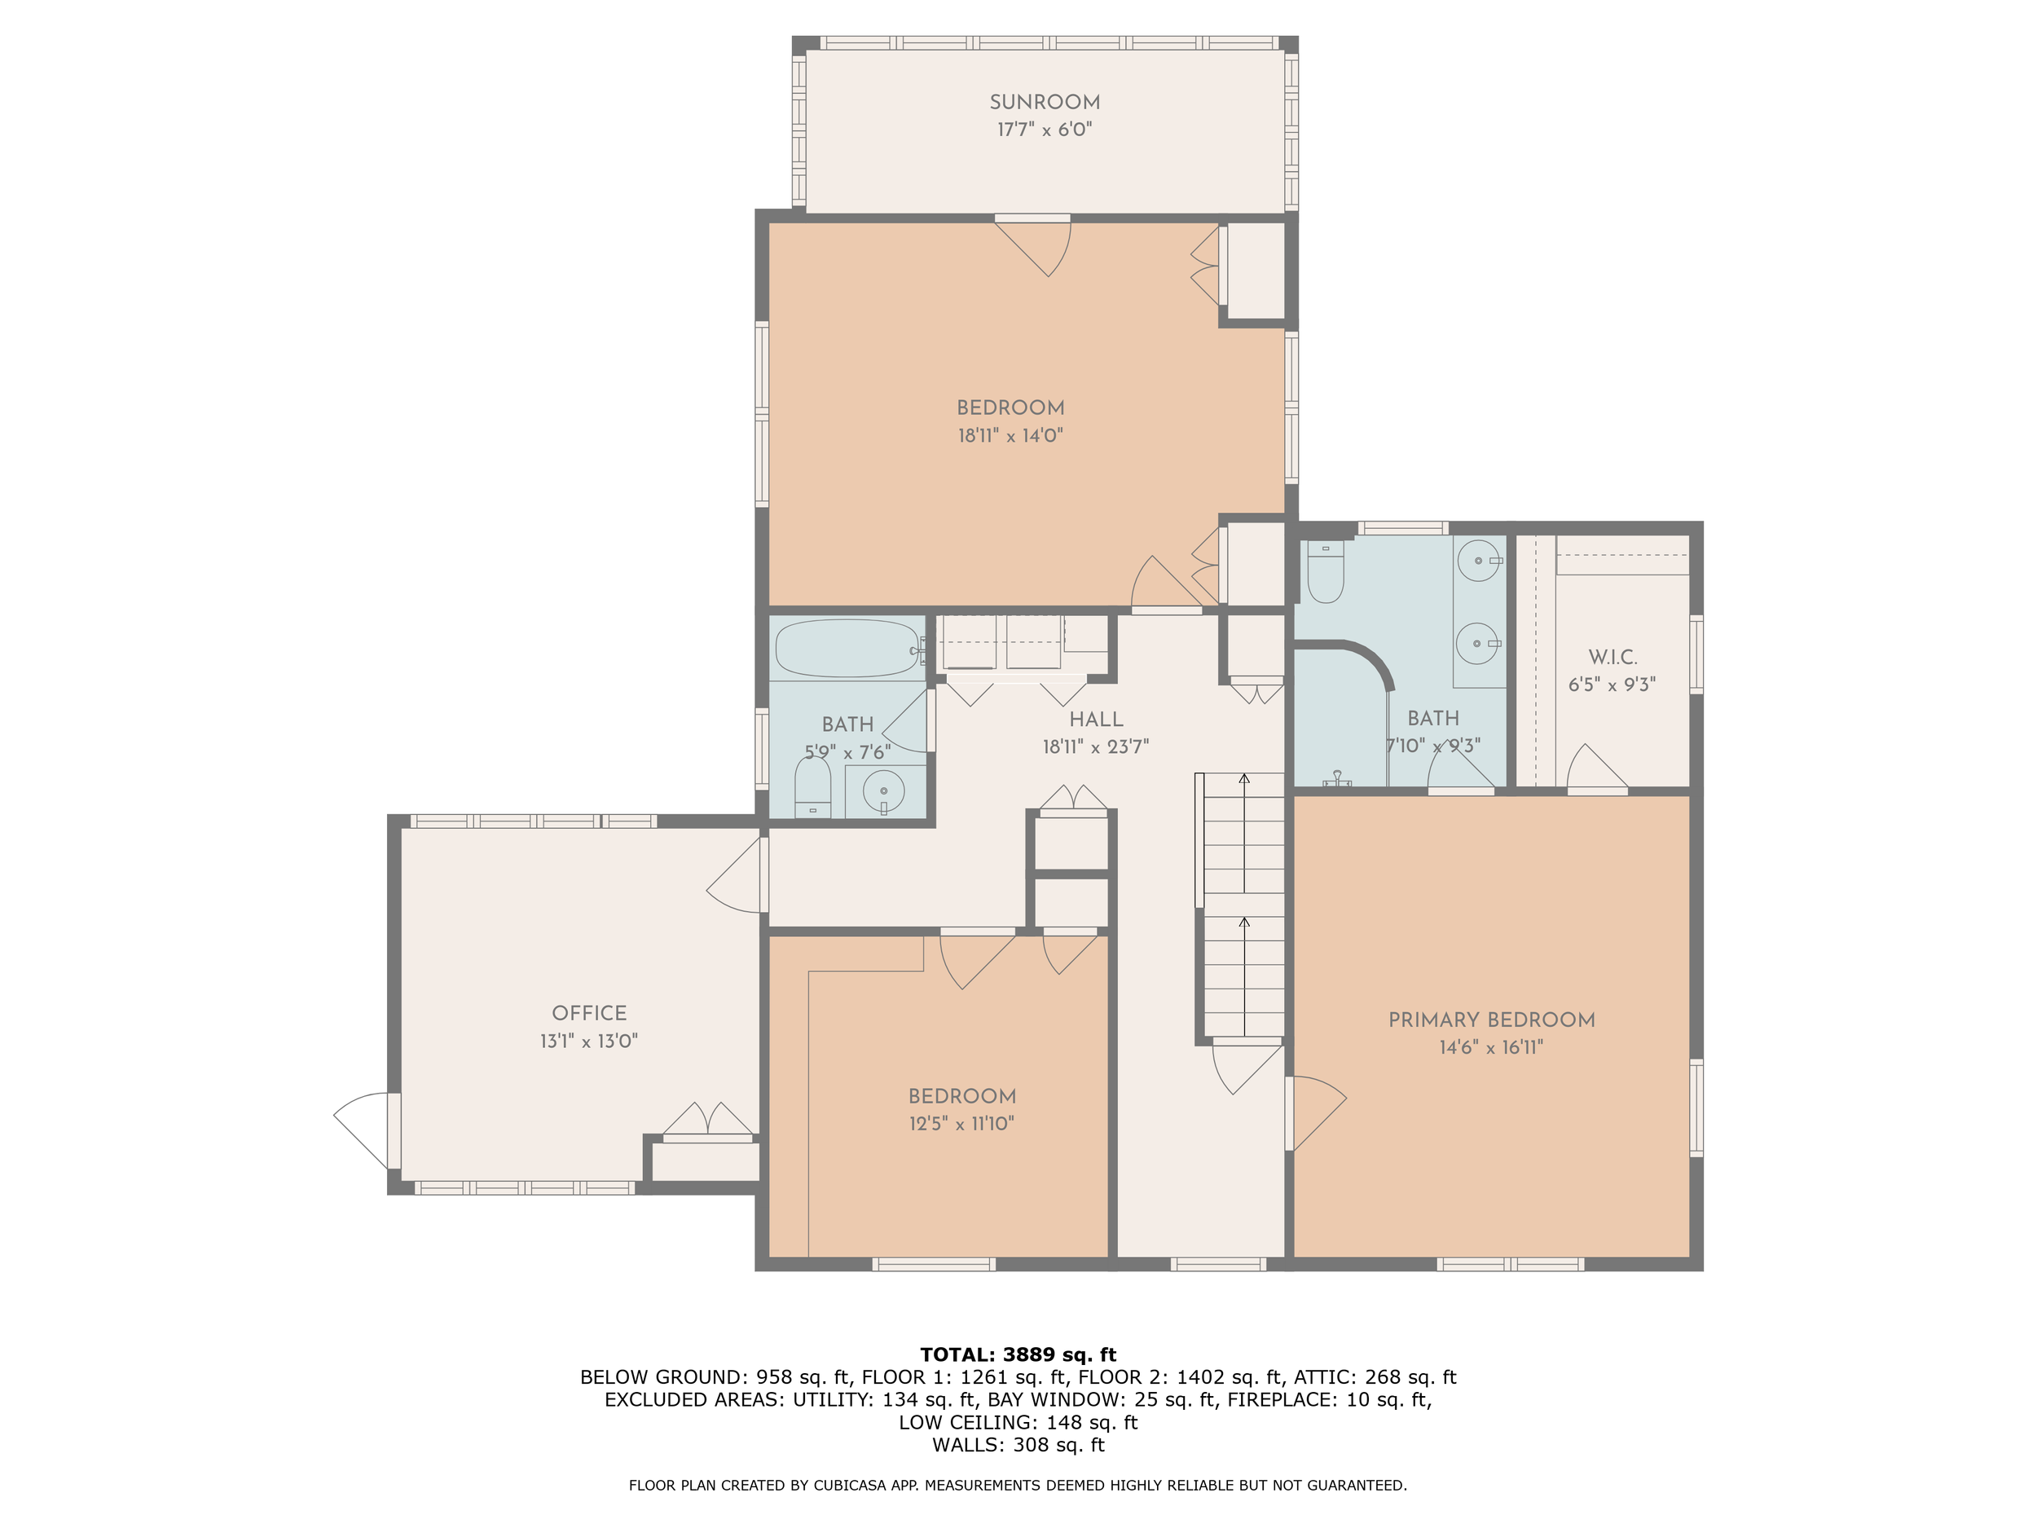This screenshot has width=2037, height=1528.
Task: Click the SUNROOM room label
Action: pyautogui.click(x=1045, y=102)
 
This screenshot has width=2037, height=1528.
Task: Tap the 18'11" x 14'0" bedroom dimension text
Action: pyautogui.click(x=1010, y=436)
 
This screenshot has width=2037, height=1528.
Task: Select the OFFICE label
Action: pyautogui.click(x=589, y=1013)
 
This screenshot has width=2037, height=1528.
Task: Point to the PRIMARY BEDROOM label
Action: pyautogui.click(x=1492, y=1019)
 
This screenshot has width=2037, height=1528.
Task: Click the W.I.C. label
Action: pyautogui.click(x=1612, y=658)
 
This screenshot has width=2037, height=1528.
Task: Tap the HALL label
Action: pyautogui.click(x=1096, y=720)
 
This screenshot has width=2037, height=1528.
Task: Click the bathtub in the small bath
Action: pyautogui.click(x=847, y=649)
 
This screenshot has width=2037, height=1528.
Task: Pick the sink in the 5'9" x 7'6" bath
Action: pyautogui.click(x=884, y=790)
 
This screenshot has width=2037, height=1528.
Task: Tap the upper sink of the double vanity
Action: pyautogui.click(x=1479, y=560)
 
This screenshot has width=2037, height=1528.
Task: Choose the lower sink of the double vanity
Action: pyautogui.click(x=1479, y=643)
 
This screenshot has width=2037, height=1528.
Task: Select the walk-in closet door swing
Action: pyautogui.click(x=1598, y=766)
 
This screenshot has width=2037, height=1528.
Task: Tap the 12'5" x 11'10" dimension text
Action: pyautogui.click(x=961, y=1124)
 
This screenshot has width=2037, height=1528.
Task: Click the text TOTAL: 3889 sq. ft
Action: pyautogui.click(x=1018, y=1355)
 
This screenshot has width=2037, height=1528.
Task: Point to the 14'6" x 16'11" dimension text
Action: pyautogui.click(x=1492, y=1047)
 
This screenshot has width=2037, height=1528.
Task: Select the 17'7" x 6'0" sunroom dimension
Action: pyautogui.click(x=1045, y=130)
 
